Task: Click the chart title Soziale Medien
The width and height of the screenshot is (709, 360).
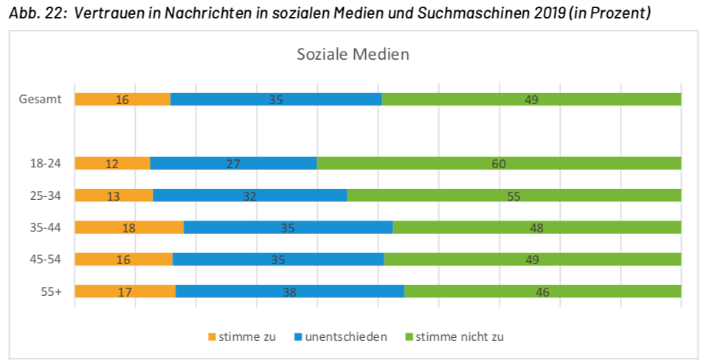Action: pos(353,54)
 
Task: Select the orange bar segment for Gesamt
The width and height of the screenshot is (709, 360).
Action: pos(122,100)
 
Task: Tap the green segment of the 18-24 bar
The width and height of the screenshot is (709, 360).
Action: pos(499,164)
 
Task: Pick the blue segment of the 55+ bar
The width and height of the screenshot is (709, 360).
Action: pos(290,291)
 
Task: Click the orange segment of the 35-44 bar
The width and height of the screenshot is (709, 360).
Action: pos(129,228)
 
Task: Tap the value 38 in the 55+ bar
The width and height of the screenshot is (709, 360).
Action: pos(290,292)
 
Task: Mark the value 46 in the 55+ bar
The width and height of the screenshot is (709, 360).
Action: pos(542,292)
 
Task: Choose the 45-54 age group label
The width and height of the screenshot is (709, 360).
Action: pos(46,260)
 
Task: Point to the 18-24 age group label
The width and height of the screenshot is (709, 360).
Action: pos(46,164)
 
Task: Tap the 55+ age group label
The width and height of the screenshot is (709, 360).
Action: pos(51,291)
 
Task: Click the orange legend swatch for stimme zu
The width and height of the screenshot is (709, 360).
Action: pos(212,337)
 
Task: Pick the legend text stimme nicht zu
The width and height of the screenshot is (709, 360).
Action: pos(460,337)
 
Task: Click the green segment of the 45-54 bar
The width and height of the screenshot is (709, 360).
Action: pos(532,260)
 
